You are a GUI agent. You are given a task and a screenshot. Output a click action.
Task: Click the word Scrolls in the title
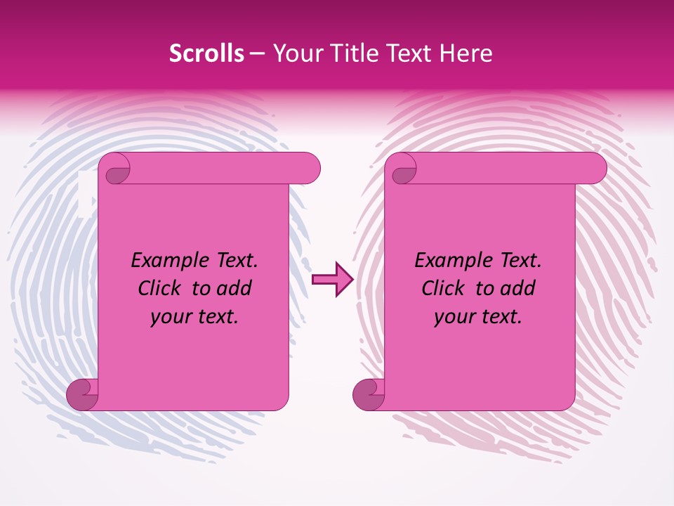click(207, 54)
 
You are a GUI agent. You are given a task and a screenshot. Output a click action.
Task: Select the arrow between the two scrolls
click(332, 280)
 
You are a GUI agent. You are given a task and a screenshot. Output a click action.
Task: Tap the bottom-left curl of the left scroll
click(82, 394)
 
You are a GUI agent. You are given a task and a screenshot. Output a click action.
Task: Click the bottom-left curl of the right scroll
click(368, 394)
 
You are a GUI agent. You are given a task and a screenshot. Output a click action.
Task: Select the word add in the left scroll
click(234, 288)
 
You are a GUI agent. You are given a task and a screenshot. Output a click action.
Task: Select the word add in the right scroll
click(518, 288)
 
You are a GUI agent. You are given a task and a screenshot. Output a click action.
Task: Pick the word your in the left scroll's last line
click(168, 317)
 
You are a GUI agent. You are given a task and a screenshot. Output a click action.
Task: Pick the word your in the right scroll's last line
click(452, 317)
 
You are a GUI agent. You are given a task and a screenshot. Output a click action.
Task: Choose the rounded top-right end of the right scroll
click(594, 169)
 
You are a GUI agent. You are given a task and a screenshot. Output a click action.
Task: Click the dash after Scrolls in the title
click(257, 54)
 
